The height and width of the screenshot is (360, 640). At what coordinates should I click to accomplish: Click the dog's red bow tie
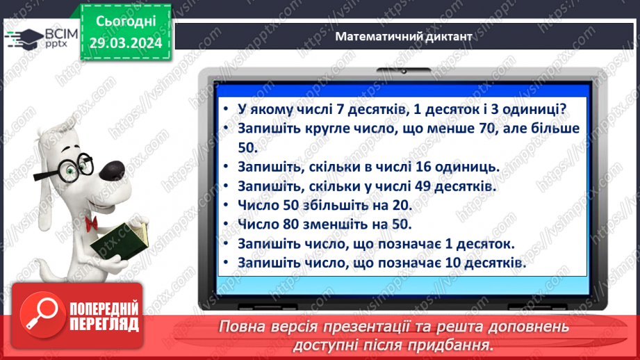click(91, 222)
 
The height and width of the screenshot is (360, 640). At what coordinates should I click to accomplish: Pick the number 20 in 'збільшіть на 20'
click(400, 206)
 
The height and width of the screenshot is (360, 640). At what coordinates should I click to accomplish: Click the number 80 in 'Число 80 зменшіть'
click(293, 225)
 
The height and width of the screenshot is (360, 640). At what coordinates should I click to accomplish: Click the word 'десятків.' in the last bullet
click(492, 263)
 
